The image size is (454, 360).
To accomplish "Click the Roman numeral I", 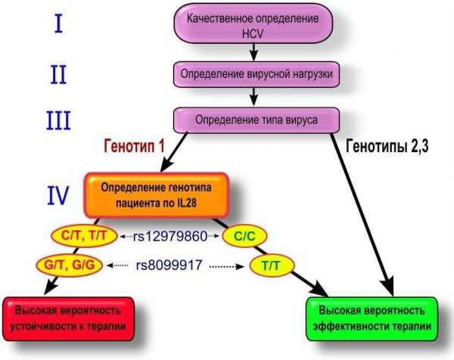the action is click(58, 23).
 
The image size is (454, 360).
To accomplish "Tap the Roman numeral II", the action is click(58, 74).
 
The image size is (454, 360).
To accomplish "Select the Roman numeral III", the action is click(58, 121).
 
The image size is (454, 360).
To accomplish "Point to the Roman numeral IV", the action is click(58, 195).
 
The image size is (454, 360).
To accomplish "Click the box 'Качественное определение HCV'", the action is click(253, 23).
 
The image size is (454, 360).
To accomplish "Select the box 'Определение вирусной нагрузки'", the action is click(257, 74).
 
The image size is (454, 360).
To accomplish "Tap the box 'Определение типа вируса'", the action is click(257, 120).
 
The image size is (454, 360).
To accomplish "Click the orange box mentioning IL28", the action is click(157, 195).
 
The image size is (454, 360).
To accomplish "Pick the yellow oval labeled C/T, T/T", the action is click(84, 236).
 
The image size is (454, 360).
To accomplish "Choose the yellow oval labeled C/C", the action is click(244, 236).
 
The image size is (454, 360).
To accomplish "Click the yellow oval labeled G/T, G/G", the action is click(69, 265).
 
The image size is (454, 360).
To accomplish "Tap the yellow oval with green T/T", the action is click(272, 265).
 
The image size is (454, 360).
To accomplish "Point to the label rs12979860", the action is click(170, 237).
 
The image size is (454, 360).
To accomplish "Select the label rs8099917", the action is click(169, 265).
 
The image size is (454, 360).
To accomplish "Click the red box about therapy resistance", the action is click(69, 318).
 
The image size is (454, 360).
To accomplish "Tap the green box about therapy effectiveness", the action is click(372, 318).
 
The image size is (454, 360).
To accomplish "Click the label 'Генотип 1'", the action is click(134, 146).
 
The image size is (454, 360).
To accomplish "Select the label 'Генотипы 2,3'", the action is click(387, 147).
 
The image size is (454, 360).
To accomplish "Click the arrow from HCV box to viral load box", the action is click(253, 52).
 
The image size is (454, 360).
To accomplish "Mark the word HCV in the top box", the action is click(253, 34).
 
